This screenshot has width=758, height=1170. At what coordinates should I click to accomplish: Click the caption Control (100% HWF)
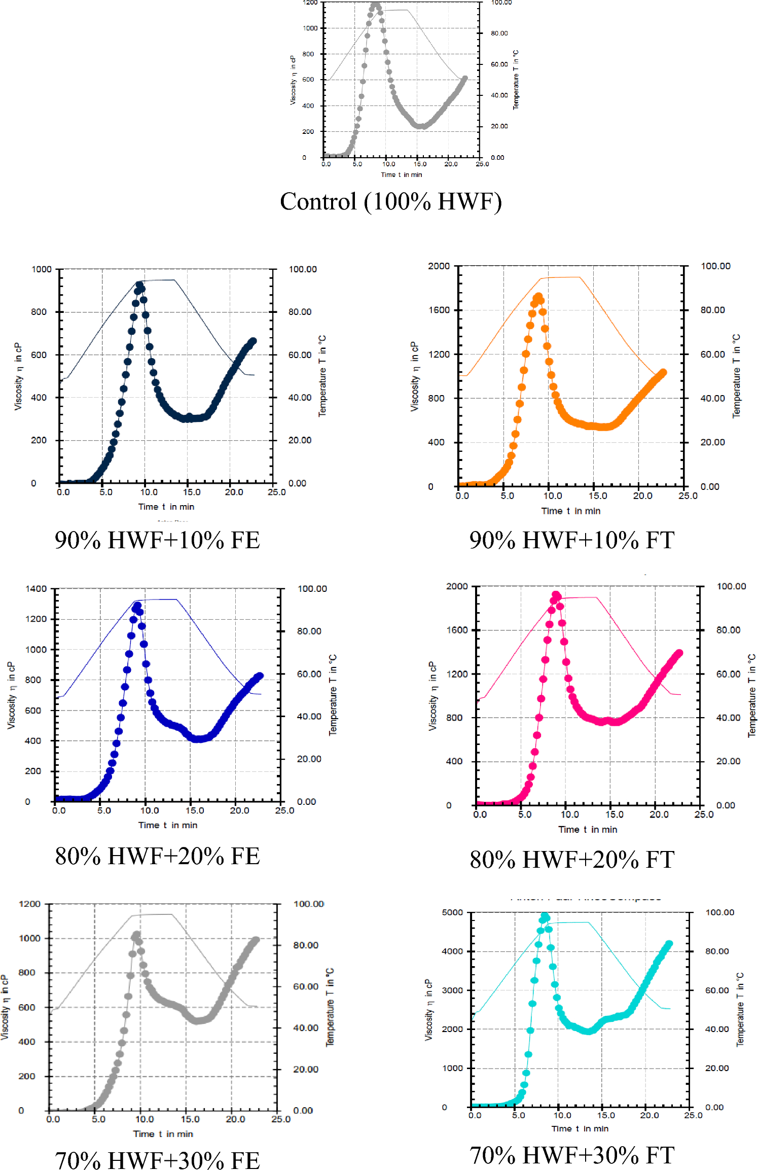point(391,202)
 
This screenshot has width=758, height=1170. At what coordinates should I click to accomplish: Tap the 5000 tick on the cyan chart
point(452,912)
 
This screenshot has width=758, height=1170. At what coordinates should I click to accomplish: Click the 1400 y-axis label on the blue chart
point(36,589)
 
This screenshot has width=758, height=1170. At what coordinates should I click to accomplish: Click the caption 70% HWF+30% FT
point(572,1155)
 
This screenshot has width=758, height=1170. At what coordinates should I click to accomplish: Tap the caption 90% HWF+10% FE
point(157,540)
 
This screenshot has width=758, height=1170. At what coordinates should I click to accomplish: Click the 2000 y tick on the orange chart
point(439,266)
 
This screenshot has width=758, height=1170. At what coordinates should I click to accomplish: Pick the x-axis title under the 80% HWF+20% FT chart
point(588,829)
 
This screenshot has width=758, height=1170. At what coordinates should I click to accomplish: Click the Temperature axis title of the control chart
point(516,80)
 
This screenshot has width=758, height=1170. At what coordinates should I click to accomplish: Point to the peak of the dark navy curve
point(140,285)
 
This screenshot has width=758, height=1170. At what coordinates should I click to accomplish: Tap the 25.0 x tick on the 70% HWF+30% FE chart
point(281,1119)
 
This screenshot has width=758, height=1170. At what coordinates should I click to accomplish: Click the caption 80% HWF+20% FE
point(157,856)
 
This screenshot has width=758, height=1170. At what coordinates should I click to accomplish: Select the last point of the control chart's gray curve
point(464,79)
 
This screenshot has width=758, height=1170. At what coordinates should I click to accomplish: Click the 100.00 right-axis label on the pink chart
point(731,586)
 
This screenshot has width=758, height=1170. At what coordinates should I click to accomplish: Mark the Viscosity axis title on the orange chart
point(415,376)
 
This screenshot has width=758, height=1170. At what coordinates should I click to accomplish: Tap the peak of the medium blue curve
point(137,605)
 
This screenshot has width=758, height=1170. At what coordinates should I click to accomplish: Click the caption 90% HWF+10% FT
point(572,540)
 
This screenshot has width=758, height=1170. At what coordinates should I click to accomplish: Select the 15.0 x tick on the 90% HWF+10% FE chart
point(191,492)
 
